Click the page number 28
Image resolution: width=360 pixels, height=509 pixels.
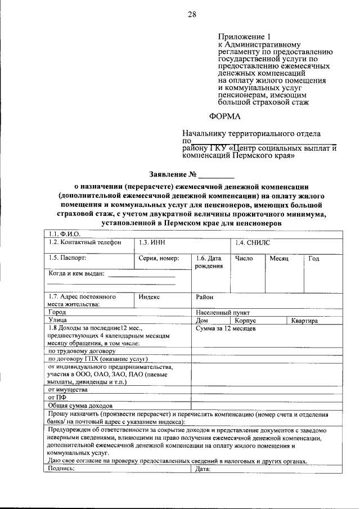(191, 15)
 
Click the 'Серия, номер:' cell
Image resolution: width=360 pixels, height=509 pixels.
(159, 258)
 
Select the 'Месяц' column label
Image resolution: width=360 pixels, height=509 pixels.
(278, 258)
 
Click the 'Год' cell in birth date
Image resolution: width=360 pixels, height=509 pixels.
(314, 258)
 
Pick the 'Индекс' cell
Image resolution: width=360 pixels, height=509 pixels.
(150, 296)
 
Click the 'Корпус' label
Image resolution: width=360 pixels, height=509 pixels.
(245, 320)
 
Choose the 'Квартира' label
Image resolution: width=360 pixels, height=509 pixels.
(304, 321)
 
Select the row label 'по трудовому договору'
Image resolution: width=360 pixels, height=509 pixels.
(82, 351)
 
